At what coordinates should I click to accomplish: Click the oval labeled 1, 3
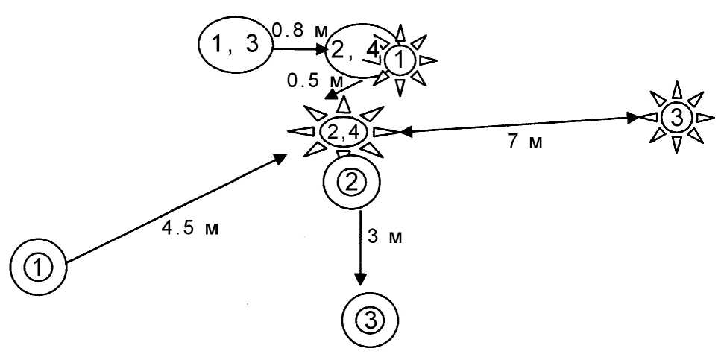[235, 45]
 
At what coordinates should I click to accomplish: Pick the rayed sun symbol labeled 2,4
[342, 132]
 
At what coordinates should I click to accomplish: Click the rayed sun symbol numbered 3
[675, 118]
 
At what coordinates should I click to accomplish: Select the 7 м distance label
[525, 142]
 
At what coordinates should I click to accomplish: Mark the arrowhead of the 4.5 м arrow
[281, 158]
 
